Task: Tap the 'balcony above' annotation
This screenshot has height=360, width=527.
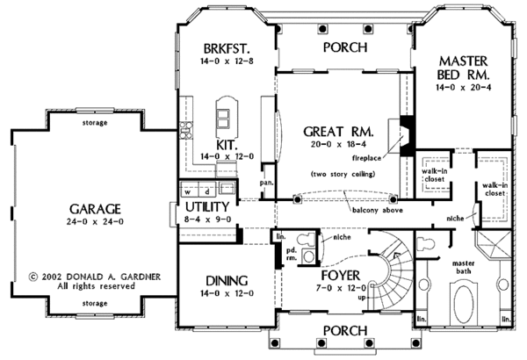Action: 379,211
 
